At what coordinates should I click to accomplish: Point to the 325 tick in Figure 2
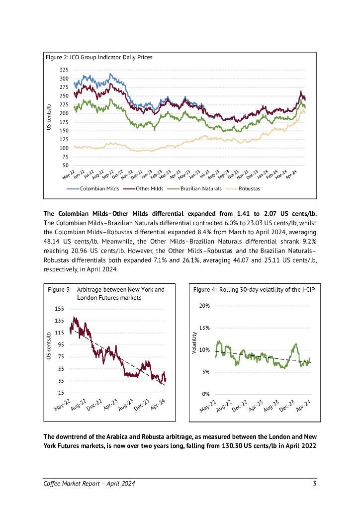64,69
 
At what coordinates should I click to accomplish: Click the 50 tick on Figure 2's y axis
65,165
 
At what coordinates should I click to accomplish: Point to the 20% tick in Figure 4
204,305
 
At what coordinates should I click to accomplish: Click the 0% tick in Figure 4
205,394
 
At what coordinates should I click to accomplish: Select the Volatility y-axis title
194,343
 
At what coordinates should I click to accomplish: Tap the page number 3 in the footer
315,484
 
